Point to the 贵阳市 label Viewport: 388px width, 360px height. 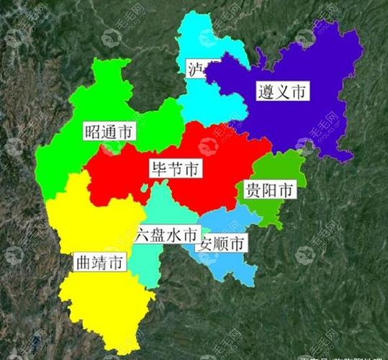[x=269, y=190]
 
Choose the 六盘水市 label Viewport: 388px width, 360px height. [x=166, y=235]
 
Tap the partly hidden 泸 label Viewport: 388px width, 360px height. [x=194, y=70]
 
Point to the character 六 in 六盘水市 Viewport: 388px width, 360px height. [x=143, y=235]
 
